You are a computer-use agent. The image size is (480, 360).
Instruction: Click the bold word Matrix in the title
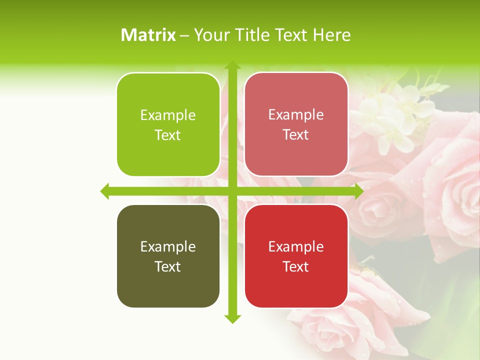click(148, 35)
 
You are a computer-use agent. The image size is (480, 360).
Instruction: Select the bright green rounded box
click(168, 124)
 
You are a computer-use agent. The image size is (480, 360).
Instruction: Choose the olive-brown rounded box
click(168, 256)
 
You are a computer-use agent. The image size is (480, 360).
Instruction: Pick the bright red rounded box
click(296, 256)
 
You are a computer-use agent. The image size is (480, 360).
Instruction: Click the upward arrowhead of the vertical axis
click(232, 65)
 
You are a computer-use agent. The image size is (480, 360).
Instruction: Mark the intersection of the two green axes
click(232, 191)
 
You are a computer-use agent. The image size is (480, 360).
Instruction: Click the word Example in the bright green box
click(168, 115)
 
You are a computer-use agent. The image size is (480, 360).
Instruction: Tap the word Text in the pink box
click(295, 135)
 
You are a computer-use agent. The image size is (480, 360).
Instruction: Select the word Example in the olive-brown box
click(168, 247)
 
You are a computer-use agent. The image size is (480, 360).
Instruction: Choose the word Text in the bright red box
click(295, 267)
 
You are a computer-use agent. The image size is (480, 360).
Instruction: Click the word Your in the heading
click(209, 35)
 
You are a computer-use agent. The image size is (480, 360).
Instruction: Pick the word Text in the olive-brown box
click(167, 267)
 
